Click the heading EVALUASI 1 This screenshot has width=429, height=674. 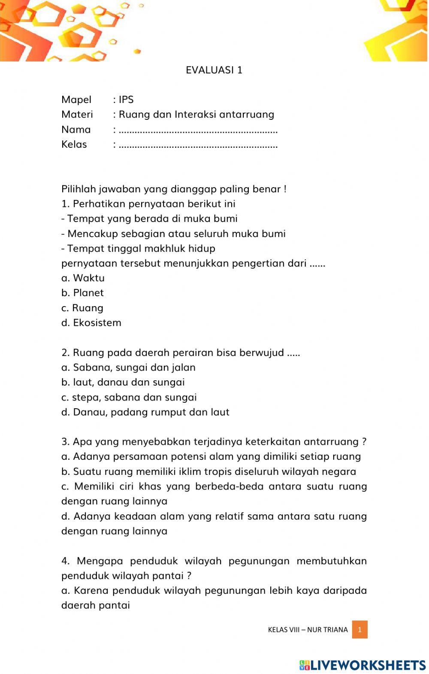coord(214,70)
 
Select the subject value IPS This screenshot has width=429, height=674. coord(126,100)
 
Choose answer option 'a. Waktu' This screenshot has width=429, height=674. coord(83,278)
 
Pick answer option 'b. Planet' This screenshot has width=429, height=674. coord(82,293)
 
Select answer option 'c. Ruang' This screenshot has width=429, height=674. coord(82,308)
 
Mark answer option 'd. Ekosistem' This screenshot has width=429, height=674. coord(91,323)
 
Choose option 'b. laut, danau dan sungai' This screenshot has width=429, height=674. coord(123,382)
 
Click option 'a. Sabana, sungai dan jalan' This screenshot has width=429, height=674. coord(128,367)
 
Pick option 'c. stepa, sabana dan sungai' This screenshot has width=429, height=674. coord(129,398)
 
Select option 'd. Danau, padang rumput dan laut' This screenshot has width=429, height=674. coord(145,412)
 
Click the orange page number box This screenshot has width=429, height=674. coord(360,630)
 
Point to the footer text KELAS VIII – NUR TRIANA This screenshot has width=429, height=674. coord(308,630)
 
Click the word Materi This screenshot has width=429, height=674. coord(77,115)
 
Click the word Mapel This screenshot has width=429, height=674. coord(76,100)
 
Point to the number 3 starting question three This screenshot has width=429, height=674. coord(64,442)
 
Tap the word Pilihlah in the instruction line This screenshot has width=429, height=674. coord(79,189)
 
